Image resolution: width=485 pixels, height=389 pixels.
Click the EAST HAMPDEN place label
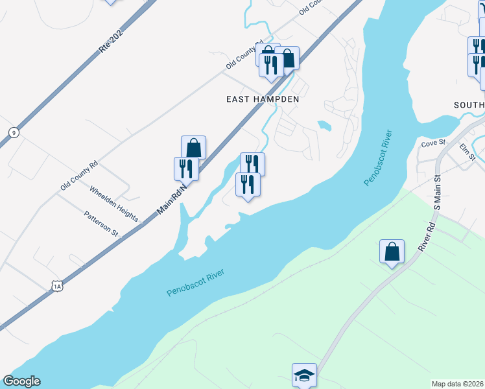click(x=263, y=99)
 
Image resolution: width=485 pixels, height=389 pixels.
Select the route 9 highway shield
click(x=13, y=132)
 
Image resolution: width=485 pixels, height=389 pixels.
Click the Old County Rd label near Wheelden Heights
click(x=79, y=175)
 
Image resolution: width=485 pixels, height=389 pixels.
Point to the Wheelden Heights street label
click(x=113, y=204)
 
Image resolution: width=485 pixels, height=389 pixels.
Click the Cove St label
click(x=434, y=143)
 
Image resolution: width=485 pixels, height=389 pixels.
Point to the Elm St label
click(x=467, y=152)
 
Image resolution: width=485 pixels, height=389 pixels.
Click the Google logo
click(x=21, y=381)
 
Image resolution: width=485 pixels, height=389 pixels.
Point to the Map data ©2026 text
click(x=458, y=384)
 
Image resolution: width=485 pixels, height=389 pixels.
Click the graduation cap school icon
click(x=303, y=375)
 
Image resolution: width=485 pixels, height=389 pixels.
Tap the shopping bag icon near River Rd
click(x=392, y=251)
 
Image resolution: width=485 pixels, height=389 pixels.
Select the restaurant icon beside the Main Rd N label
click(x=186, y=169)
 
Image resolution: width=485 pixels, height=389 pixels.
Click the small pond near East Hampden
click(x=325, y=124)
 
